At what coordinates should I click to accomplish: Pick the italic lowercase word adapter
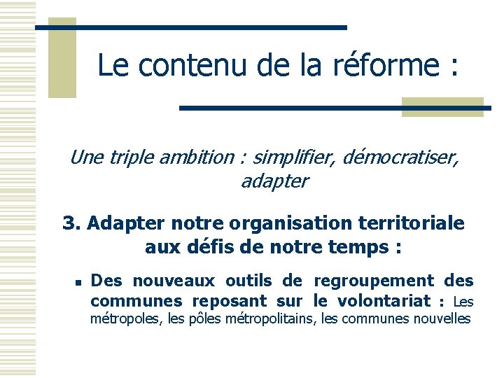click(x=274, y=181)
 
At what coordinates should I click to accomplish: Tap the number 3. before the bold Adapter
click(x=72, y=223)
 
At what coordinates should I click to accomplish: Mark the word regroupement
click(x=373, y=281)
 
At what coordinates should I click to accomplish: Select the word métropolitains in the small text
click(x=274, y=319)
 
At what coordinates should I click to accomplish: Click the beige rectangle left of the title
click(x=62, y=57)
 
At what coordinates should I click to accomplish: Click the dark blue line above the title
click(x=190, y=27)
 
